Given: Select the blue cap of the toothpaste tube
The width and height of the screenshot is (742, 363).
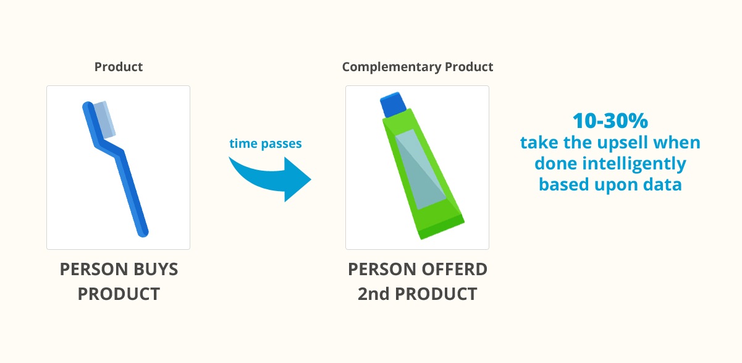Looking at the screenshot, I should [x=391, y=104].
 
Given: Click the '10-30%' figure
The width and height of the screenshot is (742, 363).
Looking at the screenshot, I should [x=610, y=121].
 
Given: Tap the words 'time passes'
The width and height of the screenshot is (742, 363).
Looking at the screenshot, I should [x=266, y=144].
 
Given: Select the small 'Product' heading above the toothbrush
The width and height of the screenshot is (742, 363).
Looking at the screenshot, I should [x=119, y=67].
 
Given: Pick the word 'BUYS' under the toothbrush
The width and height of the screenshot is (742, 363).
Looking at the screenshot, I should [x=155, y=270].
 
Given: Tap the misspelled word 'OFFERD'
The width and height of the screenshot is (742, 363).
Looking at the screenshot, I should [x=453, y=270].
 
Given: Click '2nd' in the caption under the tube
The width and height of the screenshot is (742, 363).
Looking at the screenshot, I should [x=373, y=293].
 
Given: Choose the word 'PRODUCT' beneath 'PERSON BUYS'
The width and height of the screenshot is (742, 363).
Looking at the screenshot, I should [x=119, y=293].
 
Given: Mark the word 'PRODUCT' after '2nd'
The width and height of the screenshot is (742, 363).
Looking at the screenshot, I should [x=436, y=293].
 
